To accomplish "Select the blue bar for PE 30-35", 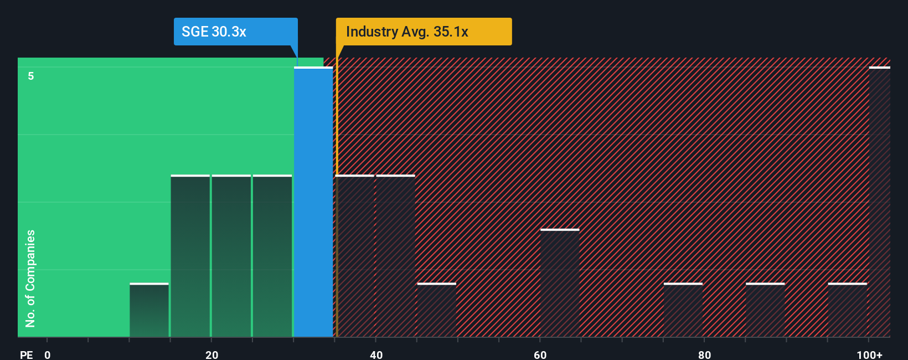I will [x=313, y=202].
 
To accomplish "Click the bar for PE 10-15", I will [x=149, y=310].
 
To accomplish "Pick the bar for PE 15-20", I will [x=190, y=256].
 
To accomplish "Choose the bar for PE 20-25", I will [x=231, y=256].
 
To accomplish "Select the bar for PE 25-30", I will [x=272, y=256].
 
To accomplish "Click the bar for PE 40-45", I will [x=395, y=256].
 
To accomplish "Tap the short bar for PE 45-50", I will [x=437, y=310].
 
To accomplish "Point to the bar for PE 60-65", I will [x=560, y=283].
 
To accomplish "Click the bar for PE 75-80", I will [x=683, y=310].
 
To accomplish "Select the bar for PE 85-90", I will [x=765, y=310].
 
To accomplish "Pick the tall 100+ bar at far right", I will [x=880, y=202].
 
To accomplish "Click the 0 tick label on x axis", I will [x=48, y=354].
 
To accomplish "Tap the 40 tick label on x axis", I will [x=376, y=354].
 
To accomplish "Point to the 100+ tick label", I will [x=869, y=354].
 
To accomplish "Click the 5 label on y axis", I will [x=31, y=76].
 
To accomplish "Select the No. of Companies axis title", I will [x=30, y=278].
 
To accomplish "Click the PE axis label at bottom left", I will [x=26, y=354].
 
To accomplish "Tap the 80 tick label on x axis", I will [x=704, y=354].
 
